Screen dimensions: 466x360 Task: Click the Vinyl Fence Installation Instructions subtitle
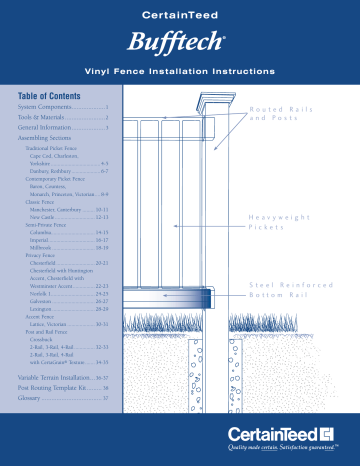180,74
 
